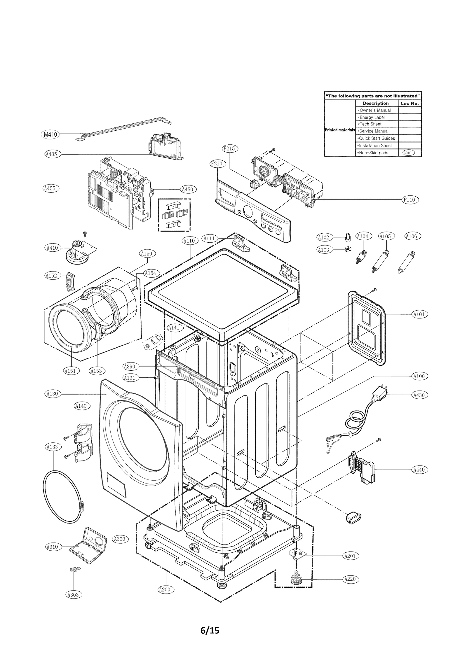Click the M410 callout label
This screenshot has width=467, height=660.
[50, 134]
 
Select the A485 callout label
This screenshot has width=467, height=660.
[51, 154]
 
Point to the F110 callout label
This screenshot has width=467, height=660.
[409, 200]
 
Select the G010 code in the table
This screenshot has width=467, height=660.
[408, 153]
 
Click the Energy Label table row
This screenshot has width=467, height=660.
[376, 117]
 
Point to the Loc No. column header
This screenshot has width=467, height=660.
[410, 103]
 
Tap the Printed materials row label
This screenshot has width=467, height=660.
[339, 130]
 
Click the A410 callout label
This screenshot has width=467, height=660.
[53, 248]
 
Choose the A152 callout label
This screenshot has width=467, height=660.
[52, 276]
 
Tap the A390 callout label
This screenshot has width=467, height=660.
[129, 366]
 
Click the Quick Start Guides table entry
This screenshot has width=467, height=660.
[377, 139]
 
